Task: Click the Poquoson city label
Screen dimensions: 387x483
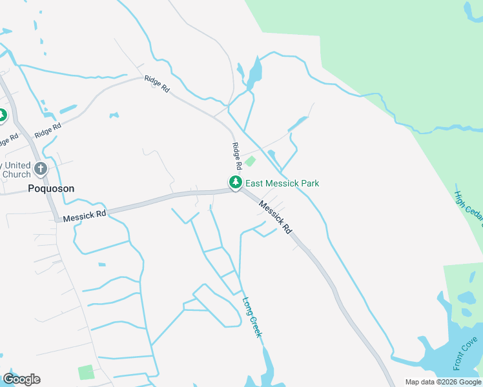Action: coord(51,188)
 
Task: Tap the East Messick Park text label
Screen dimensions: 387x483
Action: coord(282,183)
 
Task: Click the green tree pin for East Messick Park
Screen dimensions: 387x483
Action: coord(235,183)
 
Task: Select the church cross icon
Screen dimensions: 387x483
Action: coord(41,170)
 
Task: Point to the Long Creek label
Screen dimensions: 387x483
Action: coord(252,316)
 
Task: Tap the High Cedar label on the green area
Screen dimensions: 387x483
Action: coord(468,213)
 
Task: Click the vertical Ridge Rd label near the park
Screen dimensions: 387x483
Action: coord(236,156)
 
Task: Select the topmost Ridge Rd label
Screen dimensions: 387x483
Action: coord(156,84)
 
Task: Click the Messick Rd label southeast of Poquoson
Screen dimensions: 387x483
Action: coord(84,215)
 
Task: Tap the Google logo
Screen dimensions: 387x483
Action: coord(21,379)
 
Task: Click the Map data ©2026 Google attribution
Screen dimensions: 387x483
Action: coord(442,382)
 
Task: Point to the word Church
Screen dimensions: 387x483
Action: coord(15,174)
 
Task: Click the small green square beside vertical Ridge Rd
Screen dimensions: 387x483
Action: coord(250,161)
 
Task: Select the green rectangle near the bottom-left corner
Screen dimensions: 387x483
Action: coord(85,372)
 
